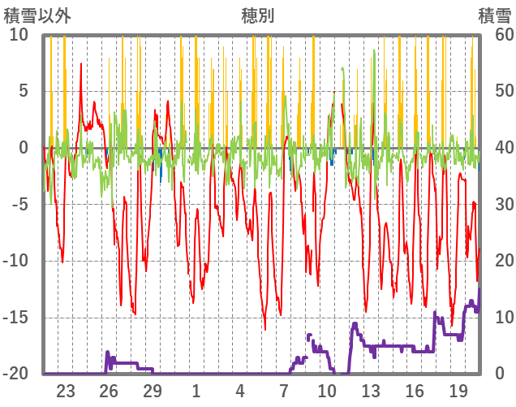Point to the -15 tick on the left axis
point(19,317)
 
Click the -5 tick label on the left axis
point(19,204)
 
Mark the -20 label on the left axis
point(19,374)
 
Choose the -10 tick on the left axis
point(19,261)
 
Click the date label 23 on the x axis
point(66,389)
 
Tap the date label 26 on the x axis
point(109,389)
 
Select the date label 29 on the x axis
point(153,389)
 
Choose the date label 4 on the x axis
point(240,389)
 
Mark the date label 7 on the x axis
point(284,389)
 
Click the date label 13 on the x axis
point(371,389)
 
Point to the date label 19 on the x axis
point(458,389)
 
